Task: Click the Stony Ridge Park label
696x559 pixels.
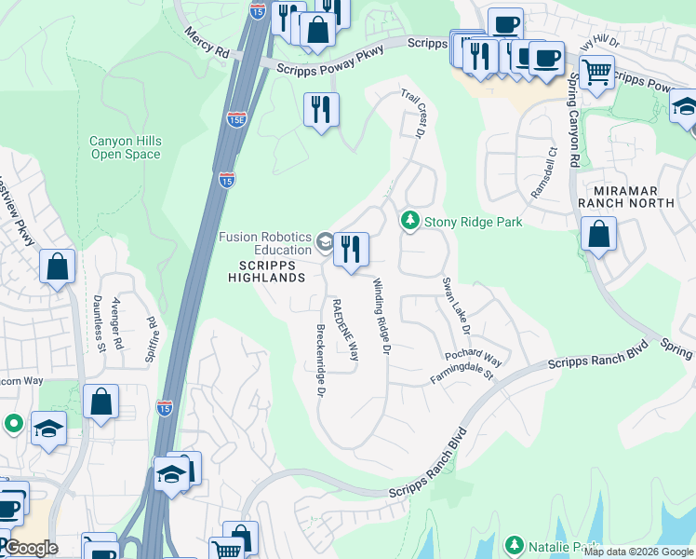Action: [x=473, y=222]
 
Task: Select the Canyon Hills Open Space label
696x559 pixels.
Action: [x=126, y=147]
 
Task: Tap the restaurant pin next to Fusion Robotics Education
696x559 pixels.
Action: [x=351, y=250]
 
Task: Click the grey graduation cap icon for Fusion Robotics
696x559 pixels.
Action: [x=324, y=242]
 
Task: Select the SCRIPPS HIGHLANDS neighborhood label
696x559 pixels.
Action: [x=266, y=271]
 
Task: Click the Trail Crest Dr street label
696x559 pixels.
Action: [x=413, y=114]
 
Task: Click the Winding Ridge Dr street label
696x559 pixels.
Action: [x=380, y=317]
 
